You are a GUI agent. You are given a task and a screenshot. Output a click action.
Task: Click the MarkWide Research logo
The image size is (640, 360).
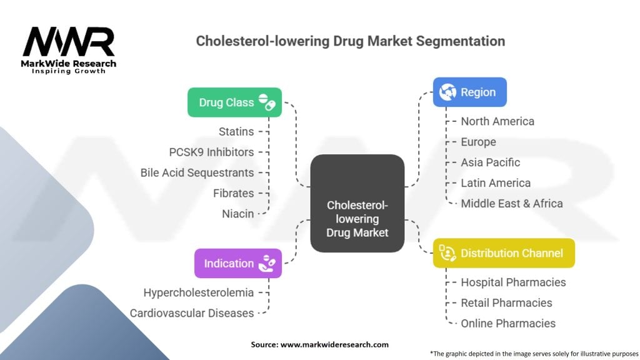(x=69, y=50)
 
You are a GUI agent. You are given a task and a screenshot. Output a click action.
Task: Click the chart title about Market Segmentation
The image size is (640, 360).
(x=350, y=41)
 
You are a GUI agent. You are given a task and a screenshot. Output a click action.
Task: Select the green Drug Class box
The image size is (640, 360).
(x=234, y=102)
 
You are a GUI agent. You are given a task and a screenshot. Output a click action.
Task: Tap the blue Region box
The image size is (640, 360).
(x=470, y=92)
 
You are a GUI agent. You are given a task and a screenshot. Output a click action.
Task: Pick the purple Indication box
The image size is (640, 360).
(x=237, y=263)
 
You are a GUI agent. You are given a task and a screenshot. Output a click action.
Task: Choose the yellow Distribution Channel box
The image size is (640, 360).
(x=504, y=253)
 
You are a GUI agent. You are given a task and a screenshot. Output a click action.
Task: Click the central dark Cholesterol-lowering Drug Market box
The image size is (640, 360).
(x=357, y=203)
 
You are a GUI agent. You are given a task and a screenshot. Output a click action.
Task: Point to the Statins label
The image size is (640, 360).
(x=236, y=131)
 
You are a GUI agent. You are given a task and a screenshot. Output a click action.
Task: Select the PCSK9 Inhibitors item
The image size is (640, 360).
(x=211, y=152)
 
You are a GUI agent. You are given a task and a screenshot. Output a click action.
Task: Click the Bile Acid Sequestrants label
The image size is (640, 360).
(x=197, y=172)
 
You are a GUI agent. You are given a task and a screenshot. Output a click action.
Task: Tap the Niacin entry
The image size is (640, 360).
(x=237, y=214)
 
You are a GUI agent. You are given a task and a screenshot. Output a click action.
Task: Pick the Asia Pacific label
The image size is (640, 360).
(x=490, y=162)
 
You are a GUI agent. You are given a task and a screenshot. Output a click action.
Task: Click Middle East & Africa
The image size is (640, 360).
(x=511, y=203)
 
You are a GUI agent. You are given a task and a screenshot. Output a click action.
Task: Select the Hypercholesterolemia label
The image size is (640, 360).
(x=198, y=292)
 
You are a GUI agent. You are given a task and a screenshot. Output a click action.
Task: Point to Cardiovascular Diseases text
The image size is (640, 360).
(x=191, y=312)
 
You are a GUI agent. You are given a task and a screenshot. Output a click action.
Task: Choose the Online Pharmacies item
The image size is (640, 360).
(x=507, y=323)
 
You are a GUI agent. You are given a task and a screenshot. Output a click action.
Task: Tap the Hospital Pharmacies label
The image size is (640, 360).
(x=513, y=282)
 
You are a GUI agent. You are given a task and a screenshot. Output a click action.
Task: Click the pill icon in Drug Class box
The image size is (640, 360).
(x=267, y=102)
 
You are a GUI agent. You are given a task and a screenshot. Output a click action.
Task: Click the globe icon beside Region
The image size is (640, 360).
(x=447, y=92)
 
